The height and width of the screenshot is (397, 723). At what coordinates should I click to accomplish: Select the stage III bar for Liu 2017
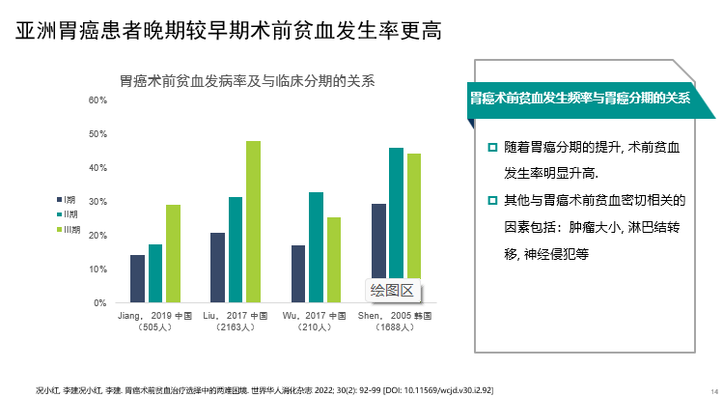(x=253, y=221)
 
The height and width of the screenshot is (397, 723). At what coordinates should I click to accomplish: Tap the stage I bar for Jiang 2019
(x=137, y=278)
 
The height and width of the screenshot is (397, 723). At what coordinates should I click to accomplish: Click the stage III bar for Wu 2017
(x=333, y=260)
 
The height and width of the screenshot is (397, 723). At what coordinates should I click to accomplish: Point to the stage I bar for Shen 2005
(x=378, y=253)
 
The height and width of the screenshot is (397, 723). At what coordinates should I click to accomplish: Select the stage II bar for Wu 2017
(x=316, y=247)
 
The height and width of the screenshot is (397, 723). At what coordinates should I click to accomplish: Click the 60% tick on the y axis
(x=97, y=100)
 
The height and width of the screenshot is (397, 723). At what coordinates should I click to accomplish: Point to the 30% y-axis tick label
(x=97, y=202)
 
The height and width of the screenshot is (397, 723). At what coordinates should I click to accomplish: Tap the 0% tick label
(x=99, y=303)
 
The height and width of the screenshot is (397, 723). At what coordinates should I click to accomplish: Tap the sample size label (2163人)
(x=236, y=327)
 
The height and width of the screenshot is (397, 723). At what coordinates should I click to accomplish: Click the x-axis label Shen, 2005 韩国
(x=394, y=316)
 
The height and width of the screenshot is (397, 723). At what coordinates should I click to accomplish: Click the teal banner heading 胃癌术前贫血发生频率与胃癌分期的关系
(x=579, y=98)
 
